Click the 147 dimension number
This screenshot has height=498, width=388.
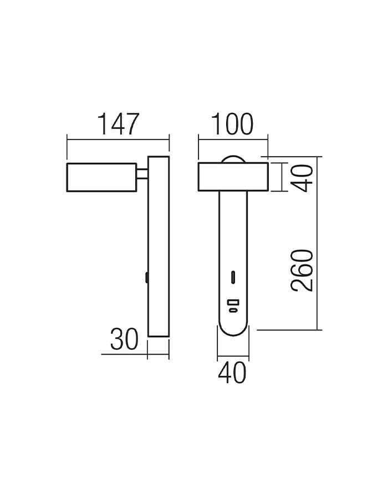point(118,124)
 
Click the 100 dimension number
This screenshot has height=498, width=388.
point(232,124)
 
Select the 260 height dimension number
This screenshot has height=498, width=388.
point(302,271)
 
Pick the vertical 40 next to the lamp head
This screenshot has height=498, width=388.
point(302,178)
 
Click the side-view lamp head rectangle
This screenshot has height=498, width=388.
point(102,177)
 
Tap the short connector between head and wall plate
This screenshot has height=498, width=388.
point(142,174)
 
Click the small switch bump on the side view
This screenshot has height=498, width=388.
point(147,277)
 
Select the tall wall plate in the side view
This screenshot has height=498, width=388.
point(159,246)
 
